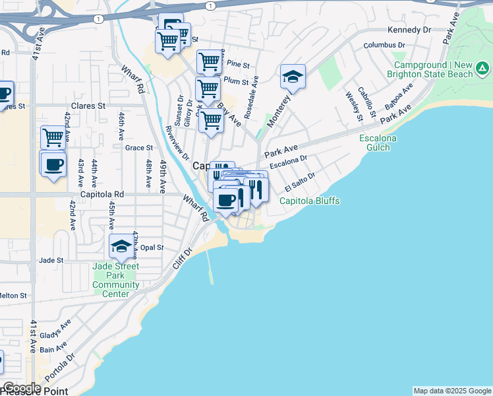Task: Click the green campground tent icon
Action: tap(483, 68)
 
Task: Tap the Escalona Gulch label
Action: tap(378, 143)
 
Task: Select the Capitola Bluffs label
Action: tap(310, 201)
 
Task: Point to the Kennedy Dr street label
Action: tap(409, 30)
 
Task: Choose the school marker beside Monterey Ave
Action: tap(293, 78)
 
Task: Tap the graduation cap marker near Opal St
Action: tap(121, 246)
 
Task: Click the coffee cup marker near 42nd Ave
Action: tap(53, 163)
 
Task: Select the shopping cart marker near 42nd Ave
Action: tap(53, 138)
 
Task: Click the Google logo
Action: tap(22, 387)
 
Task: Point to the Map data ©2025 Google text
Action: tap(452, 391)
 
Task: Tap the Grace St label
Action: tap(138, 148)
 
